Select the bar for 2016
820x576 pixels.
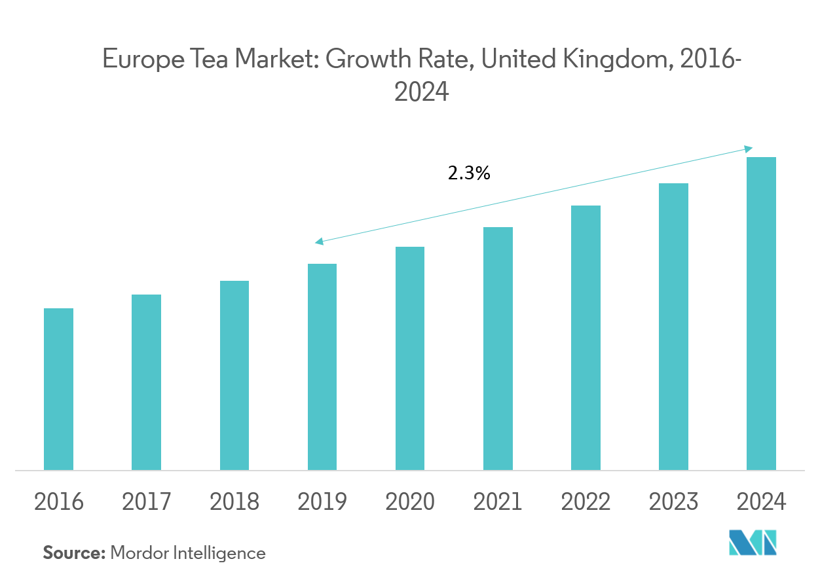(58, 389)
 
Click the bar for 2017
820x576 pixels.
(146, 382)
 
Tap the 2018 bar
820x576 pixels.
(234, 375)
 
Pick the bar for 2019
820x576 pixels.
(322, 367)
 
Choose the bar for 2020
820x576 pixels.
(410, 358)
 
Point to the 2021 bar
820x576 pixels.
(498, 348)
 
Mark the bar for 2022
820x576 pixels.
(586, 338)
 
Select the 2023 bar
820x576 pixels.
(673, 326)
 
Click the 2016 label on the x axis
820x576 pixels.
(58, 502)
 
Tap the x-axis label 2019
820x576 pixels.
(322, 502)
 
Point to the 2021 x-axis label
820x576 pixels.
(498, 502)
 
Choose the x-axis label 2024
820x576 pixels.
(761, 502)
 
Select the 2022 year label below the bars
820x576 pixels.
(586, 502)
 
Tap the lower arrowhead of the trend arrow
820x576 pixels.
(318, 243)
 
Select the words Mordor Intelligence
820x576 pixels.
(188, 553)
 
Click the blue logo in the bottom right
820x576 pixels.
(753, 543)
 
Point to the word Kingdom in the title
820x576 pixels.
(615, 60)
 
